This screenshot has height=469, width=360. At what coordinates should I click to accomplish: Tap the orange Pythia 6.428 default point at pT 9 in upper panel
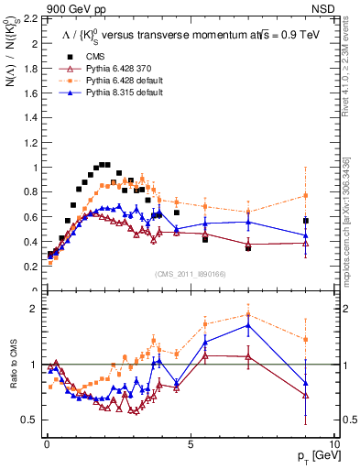[x=306, y=195]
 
